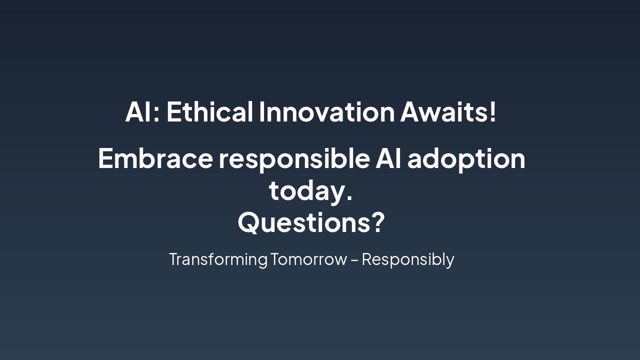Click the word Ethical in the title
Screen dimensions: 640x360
pyautogui.click(x=209, y=111)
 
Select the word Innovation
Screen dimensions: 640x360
pyautogui.click(x=327, y=111)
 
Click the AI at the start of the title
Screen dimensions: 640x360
pyautogui.click(x=138, y=111)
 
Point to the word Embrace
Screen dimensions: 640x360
pyautogui.click(x=155, y=158)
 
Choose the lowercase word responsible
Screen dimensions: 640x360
pyautogui.click(x=294, y=160)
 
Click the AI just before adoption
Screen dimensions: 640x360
pyautogui.click(x=388, y=158)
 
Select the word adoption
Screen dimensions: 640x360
pyautogui.click(x=466, y=160)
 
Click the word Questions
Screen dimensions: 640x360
pyautogui.click(x=304, y=222)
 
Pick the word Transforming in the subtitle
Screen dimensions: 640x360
pyautogui.click(x=218, y=260)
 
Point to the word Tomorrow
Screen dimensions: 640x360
pyautogui.click(x=308, y=259)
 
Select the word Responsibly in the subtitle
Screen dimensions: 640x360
pyautogui.click(x=408, y=260)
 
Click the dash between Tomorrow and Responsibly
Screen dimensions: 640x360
pyautogui.click(x=354, y=260)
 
